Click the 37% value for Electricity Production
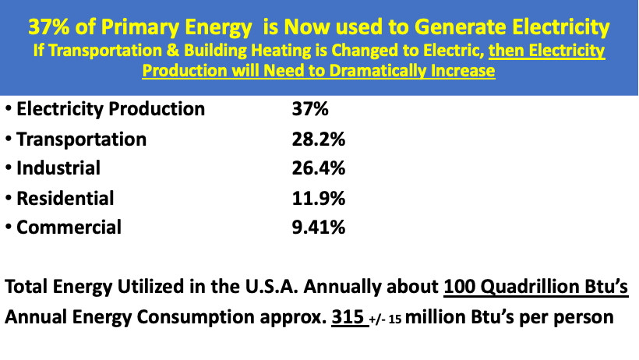coord(306,109)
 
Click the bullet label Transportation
coord(81,139)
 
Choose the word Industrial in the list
coord(58,168)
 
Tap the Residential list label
coord(65,198)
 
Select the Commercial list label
coord(69,228)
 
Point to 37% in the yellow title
coord(49,27)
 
